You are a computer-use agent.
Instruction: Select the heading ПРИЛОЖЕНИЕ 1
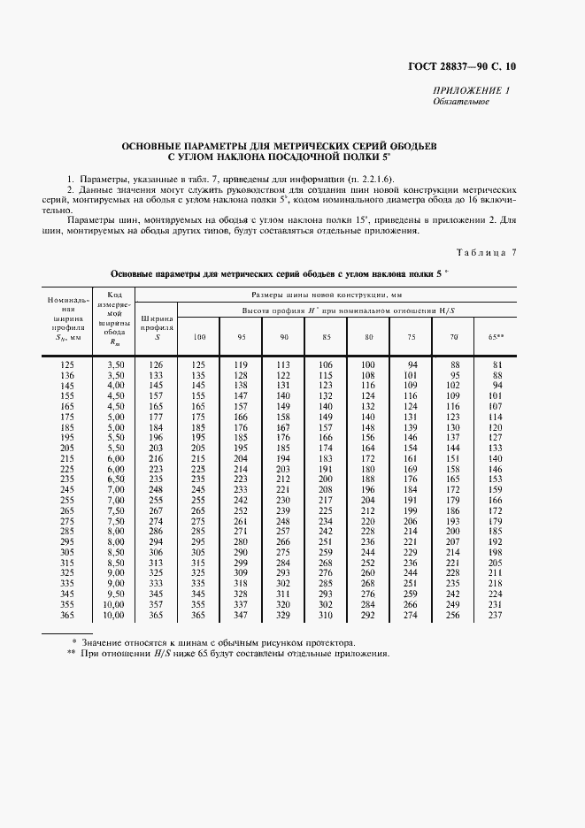tap(472, 91)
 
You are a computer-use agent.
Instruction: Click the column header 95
tap(240, 336)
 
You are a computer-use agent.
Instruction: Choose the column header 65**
tap(496, 336)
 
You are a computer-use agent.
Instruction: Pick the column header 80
tap(368, 336)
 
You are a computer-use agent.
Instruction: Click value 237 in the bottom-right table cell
tap(496, 616)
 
